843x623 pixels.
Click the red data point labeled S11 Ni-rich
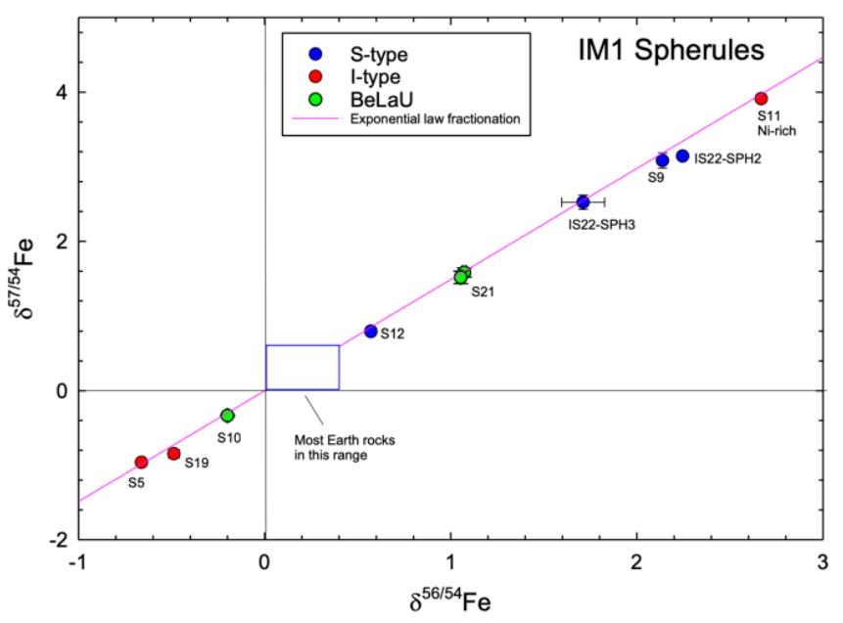(761, 98)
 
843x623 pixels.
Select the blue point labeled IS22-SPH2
(682, 156)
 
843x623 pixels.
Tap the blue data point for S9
(662, 160)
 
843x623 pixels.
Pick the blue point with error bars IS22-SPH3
(583, 202)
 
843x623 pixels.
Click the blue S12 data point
(371, 332)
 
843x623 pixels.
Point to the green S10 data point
(227, 416)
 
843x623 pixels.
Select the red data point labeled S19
(174, 453)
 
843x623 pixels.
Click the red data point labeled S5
(141, 462)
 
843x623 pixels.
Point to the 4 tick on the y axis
(60, 92)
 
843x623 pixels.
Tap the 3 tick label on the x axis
(820, 565)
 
